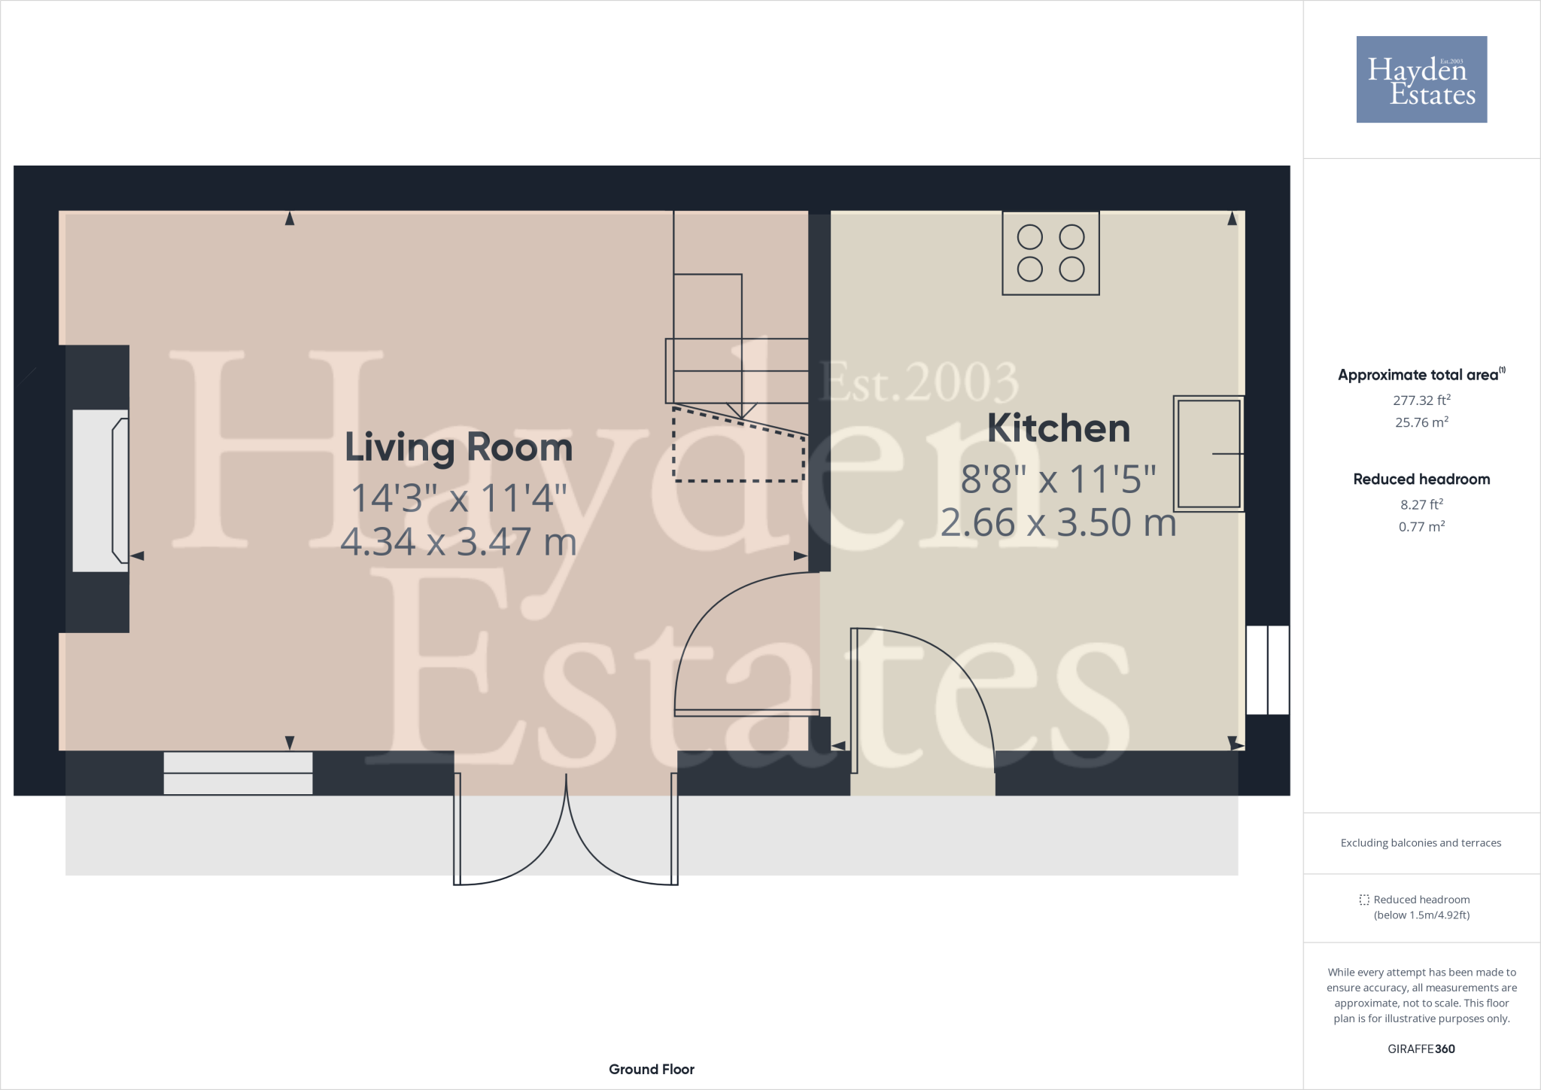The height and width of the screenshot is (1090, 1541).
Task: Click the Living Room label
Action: pyautogui.click(x=458, y=448)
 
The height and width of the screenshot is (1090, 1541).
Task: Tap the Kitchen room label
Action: pyautogui.click(x=1058, y=428)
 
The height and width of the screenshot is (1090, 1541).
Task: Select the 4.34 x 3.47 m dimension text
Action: pyautogui.click(x=458, y=542)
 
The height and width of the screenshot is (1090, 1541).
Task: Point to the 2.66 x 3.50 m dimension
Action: pyautogui.click(x=1058, y=523)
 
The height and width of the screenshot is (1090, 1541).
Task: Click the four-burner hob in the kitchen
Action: pyautogui.click(x=1050, y=253)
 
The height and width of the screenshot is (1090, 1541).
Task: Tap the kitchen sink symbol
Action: pyautogui.click(x=1208, y=454)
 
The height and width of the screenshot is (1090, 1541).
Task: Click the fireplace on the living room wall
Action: pyautogui.click(x=101, y=490)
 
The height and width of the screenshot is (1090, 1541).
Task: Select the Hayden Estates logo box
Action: pyautogui.click(x=1421, y=80)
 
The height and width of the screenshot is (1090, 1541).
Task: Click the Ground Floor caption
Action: pyautogui.click(x=652, y=1069)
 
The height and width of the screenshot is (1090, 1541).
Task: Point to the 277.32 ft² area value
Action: pyautogui.click(x=1421, y=400)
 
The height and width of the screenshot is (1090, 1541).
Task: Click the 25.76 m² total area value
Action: pyautogui.click(x=1421, y=422)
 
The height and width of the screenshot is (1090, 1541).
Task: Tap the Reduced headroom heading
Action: pyautogui.click(x=1421, y=480)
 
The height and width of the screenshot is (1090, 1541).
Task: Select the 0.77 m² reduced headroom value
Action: pyautogui.click(x=1421, y=527)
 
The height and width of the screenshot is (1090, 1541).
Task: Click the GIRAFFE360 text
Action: pyautogui.click(x=1421, y=1049)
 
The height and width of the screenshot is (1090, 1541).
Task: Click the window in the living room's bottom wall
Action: pyautogui.click(x=238, y=773)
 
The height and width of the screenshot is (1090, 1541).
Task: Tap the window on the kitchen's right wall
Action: pyautogui.click(x=1268, y=670)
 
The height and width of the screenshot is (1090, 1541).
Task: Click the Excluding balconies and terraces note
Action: pyautogui.click(x=1421, y=843)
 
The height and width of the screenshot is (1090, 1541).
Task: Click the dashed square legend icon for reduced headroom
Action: pyautogui.click(x=1364, y=900)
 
